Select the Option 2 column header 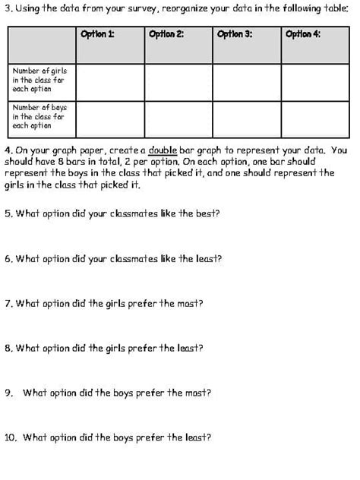(x=166, y=33)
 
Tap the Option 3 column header (x=234, y=33)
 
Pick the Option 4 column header (x=302, y=33)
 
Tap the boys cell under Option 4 (x=314, y=118)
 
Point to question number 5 (x=8, y=213)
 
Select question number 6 (x=8, y=258)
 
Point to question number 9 (x=8, y=393)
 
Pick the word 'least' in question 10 (x=197, y=437)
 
